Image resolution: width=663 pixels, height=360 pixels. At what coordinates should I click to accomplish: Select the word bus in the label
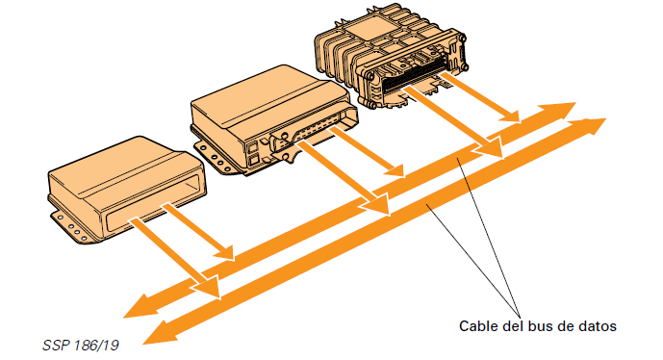click(541, 326)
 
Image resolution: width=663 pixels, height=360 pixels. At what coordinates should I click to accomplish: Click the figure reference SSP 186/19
click(81, 346)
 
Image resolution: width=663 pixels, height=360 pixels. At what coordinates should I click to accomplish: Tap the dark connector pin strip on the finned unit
click(414, 75)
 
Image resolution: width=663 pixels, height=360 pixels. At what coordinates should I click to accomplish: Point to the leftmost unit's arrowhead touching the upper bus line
click(223, 252)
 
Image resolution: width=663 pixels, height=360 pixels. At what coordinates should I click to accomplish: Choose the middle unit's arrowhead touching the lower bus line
click(375, 203)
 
